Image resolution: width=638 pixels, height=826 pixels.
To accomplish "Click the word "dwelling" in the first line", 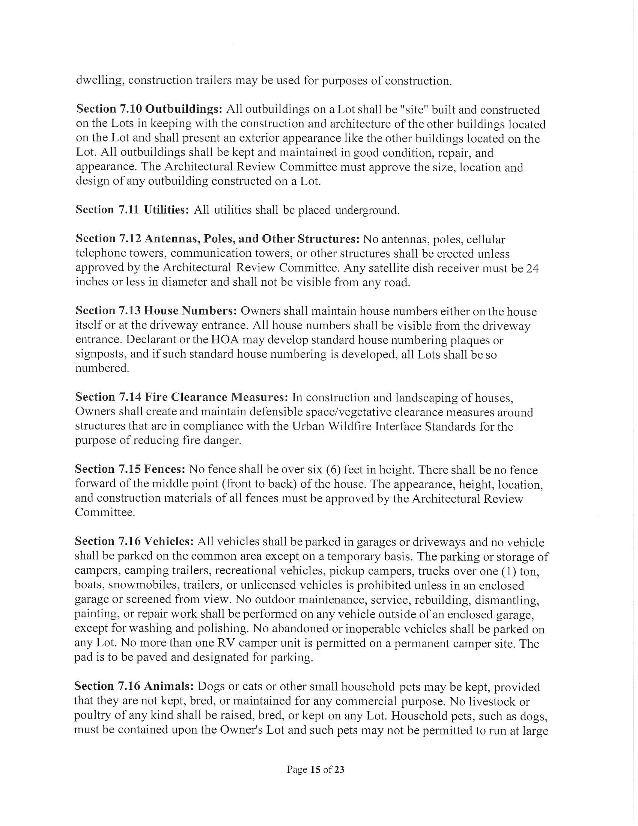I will point(100,81).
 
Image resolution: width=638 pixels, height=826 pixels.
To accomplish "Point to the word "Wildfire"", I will point(349,426).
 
